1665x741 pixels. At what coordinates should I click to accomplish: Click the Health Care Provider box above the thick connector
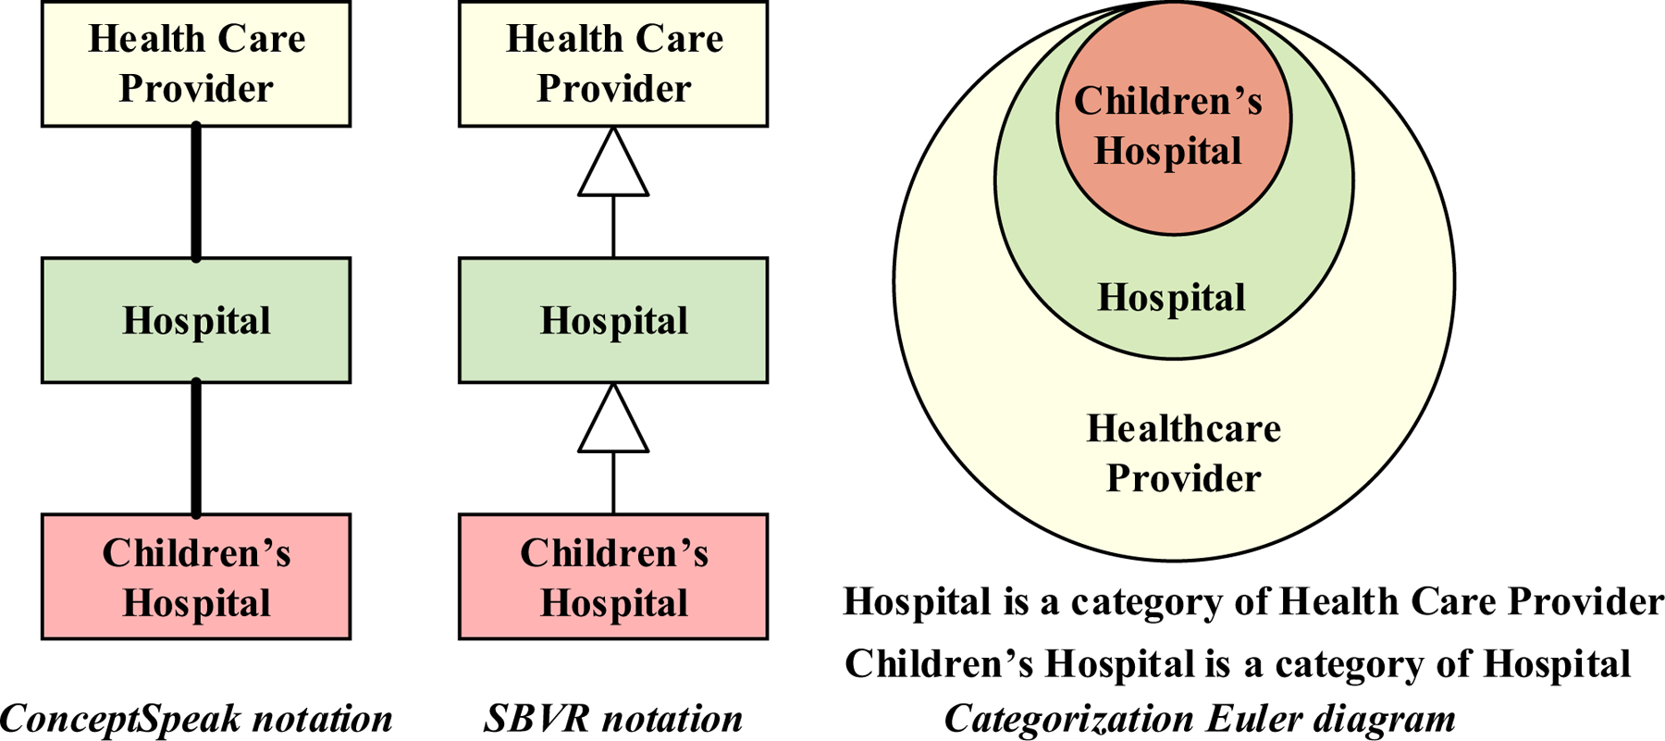196,64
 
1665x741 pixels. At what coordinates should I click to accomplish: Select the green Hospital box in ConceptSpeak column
196,320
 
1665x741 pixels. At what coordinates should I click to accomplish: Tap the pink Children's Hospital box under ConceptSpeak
196,576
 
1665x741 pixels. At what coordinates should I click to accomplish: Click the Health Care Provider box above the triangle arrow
613,64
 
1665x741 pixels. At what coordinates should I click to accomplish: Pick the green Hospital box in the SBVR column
613,320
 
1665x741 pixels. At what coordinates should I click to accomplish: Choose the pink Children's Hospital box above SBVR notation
613,576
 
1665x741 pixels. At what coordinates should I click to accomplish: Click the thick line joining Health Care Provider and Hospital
196,192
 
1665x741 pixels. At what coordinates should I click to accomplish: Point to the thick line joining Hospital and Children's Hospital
196,449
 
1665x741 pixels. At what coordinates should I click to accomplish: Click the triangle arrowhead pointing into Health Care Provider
613,162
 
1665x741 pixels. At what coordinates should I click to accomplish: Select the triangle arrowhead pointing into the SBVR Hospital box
613,418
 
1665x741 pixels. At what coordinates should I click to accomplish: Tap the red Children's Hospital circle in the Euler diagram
1174,117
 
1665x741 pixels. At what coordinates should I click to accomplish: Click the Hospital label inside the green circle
1171,298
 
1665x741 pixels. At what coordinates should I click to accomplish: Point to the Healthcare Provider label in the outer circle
1183,453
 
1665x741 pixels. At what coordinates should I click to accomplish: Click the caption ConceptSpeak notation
196,719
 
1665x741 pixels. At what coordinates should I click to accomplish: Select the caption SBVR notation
613,719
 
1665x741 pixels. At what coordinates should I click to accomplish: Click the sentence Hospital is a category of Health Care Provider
1253,602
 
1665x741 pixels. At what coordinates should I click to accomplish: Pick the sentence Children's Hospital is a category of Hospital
1238,664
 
